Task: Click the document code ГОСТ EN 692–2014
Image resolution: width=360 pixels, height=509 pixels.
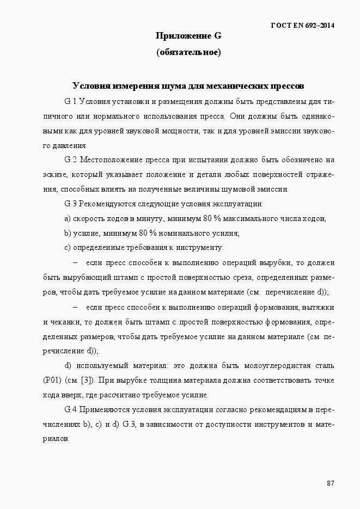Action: [x=302, y=26]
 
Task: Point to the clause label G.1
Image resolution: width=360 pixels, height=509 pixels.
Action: [x=71, y=101]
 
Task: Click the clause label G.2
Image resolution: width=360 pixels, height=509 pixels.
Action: [x=71, y=160]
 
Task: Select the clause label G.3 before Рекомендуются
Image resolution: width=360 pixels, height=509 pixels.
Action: [x=71, y=204]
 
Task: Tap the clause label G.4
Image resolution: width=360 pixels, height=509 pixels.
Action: [x=71, y=409]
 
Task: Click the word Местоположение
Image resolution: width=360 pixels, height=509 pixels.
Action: [x=112, y=160]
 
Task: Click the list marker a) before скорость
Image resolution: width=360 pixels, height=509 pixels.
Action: [x=68, y=219]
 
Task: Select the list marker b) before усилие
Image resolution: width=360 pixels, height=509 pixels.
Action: [x=68, y=234]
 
